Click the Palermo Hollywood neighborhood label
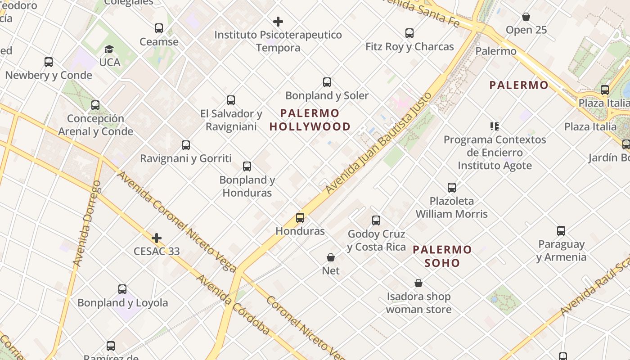coord(310,120)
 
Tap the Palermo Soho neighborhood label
coord(442,256)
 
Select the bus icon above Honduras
coord(300,218)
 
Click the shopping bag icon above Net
coord(331,257)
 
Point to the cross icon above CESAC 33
coord(157,238)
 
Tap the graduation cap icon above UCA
coord(109,49)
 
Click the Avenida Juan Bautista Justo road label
coord(379,143)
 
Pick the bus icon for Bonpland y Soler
coord(327,82)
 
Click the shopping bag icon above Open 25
coord(526,17)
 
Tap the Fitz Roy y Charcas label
coord(409,46)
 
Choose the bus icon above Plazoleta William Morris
coord(452,188)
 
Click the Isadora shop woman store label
coord(418,303)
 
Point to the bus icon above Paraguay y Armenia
coord(561,231)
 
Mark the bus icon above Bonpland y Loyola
coord(122,289)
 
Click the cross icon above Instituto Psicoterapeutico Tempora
coord(278,21)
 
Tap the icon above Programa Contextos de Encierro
coord(495,126)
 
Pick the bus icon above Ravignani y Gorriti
coord(186,145)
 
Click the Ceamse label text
coord(159,42)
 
